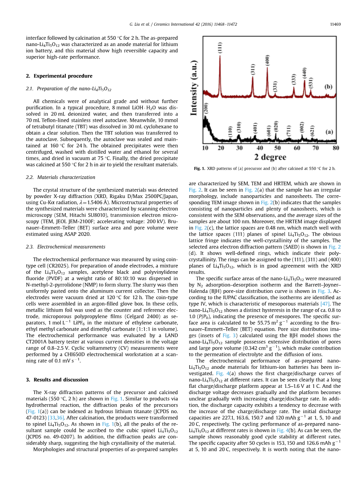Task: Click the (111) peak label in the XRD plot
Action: [220, 48]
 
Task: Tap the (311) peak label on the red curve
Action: [252, 70]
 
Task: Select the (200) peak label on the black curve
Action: [206, 109]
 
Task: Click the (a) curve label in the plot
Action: [329, 132]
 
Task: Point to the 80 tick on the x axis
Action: [335, 148]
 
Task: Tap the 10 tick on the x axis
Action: [205, 148]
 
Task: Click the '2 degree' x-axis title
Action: [270, 157]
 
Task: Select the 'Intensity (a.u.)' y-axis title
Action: [194, 87]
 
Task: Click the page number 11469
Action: [335, 24]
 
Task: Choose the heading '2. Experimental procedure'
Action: [59, 76]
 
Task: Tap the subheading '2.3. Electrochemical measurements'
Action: [65, 247]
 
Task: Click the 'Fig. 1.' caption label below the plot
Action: [199, 168]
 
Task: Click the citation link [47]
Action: [325, 303]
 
